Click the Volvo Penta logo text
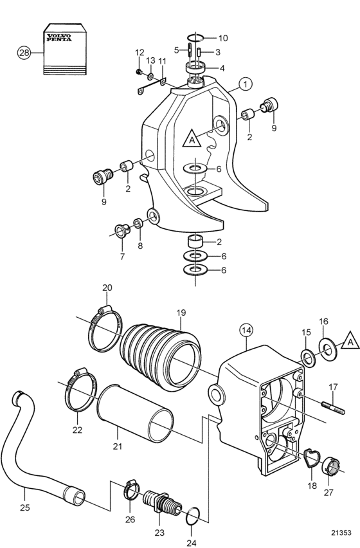click(59, 37)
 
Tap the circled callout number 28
click(24, 53)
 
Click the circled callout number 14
click(247, 331)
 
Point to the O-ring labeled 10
click(195, 37)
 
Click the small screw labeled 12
click(139, 71)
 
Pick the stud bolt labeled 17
click(333, 408)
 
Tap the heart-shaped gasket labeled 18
click(312, 458)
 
